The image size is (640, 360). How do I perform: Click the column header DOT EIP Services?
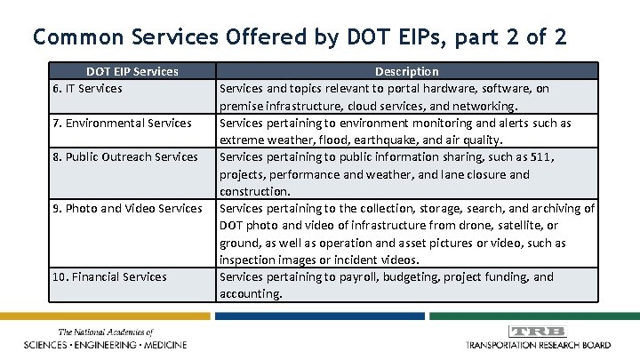(x=132, y=71)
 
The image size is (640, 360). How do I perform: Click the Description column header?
(x=406, y=71)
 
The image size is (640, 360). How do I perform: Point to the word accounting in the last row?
(x=251, y=294)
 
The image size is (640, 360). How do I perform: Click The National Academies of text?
(x=106, y=332)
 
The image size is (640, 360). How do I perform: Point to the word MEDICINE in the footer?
(x=175, y=344)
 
